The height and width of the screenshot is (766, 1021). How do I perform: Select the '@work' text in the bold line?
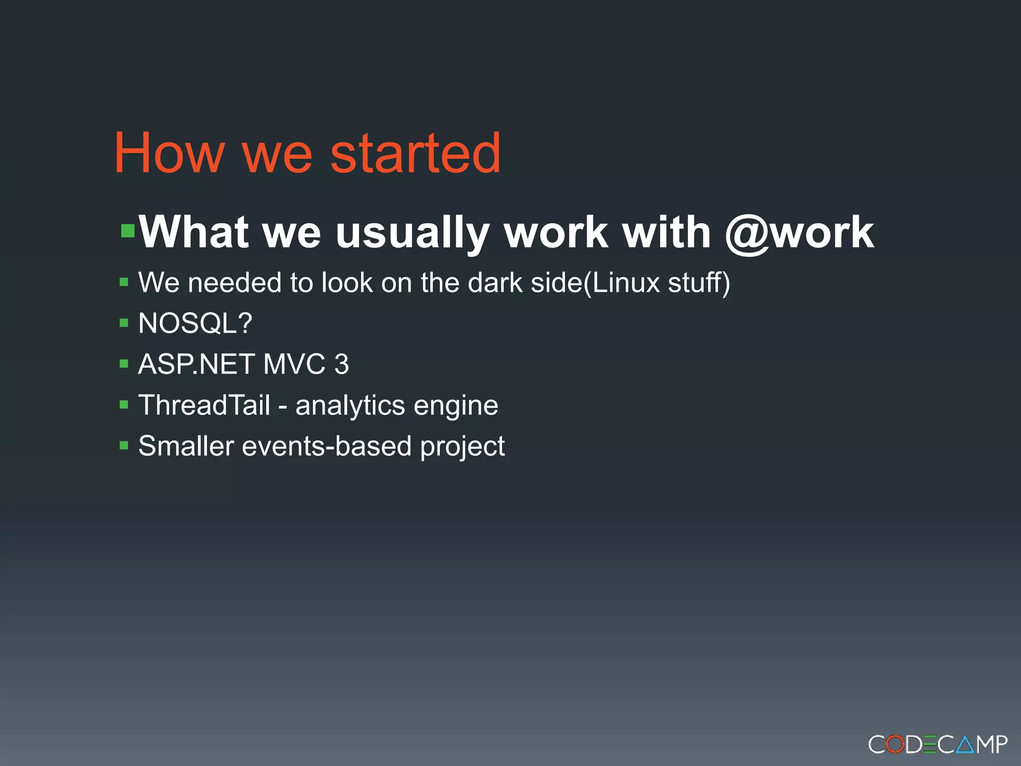pos(799,232)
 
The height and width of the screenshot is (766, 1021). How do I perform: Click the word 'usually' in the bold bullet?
pos(412,233)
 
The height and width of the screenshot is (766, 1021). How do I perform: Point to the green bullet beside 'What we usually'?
pos(128,231)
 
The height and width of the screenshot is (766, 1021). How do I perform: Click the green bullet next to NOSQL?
pos(124,323)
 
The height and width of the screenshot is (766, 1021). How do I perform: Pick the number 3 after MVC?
pos(341,364)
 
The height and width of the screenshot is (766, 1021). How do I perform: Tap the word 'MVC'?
pos(294,364)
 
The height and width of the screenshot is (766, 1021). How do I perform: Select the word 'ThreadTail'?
pos(204,405)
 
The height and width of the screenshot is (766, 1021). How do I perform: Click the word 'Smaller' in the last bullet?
pos(186,446)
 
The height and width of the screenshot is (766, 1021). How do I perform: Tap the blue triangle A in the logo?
pos(965,745)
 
